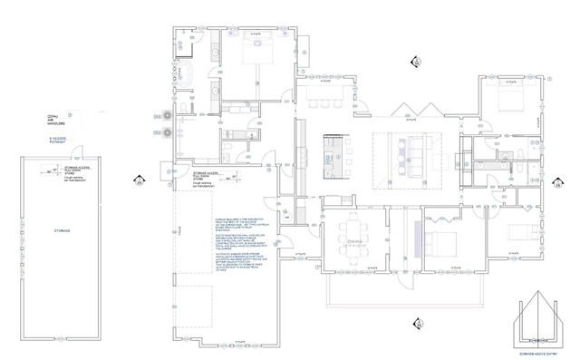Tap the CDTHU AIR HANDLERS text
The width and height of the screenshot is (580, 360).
pos(56,121)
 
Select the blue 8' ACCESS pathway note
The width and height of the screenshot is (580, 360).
pos(58,141)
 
